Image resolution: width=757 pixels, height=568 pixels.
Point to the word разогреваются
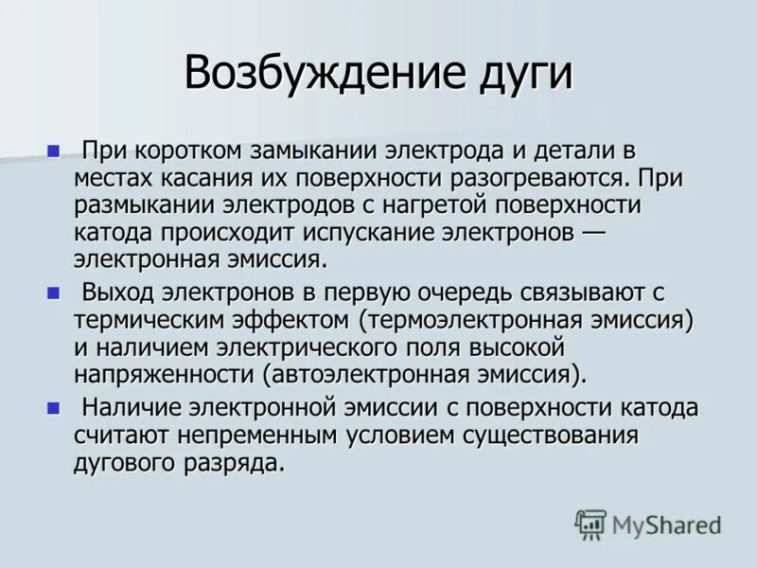528,177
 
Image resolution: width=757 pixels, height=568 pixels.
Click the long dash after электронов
591,232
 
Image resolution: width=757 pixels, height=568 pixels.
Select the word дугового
127,463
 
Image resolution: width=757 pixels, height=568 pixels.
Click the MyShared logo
648,524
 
